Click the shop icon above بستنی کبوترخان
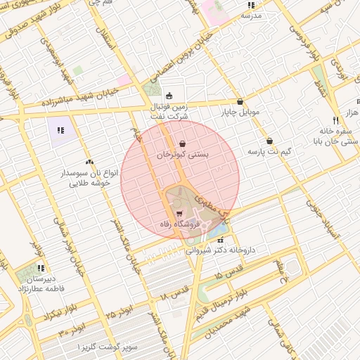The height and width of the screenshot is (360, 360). [x=183, y=143]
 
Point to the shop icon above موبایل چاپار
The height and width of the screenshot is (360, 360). [x=240, y=101]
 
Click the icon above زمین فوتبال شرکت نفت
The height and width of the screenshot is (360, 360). [x=168, y=96]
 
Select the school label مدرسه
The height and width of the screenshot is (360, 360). [x=251, y=15]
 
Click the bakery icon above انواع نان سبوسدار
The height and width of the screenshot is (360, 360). [x=89, y=162]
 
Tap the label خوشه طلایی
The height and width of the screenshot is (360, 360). [x=89, y=183]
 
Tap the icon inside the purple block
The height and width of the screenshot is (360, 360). [x=60, y=129]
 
